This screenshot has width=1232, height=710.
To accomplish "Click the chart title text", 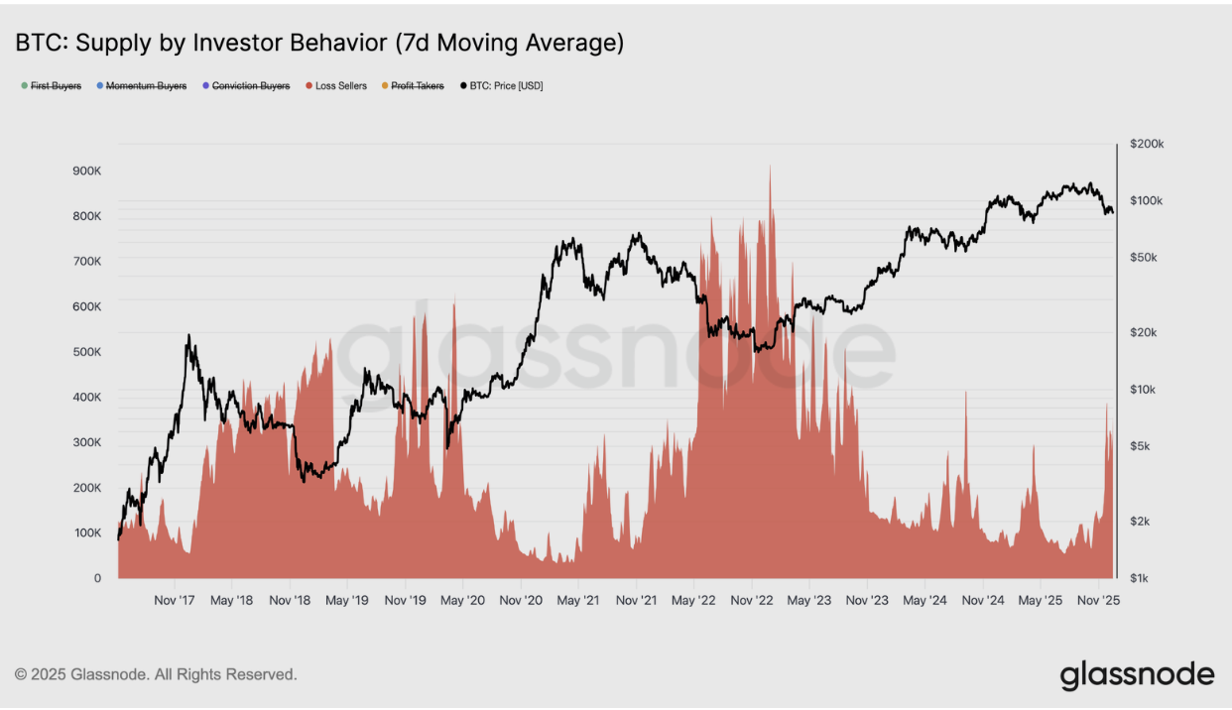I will pos(318,43).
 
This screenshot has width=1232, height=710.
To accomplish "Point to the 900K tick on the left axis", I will pos(86,171).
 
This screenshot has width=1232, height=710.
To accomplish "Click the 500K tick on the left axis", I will pos(86,352).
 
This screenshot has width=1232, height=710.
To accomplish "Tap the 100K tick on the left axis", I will pos(86,532).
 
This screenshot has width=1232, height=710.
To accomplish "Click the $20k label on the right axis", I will pos(1146,332).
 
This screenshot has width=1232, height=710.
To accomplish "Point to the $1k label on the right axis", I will pos(1143,578).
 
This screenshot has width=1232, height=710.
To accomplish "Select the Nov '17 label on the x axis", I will pos(175,600).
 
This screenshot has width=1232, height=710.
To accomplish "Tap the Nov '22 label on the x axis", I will pos(751,600).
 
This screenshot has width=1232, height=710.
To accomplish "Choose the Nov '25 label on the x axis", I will pos(1097,600).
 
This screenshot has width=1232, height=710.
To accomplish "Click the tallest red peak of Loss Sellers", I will pos(770,169).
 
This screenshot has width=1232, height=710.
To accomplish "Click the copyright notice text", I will pos(156,674).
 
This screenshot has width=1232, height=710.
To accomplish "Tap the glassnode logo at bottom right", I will pos(1137,675).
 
